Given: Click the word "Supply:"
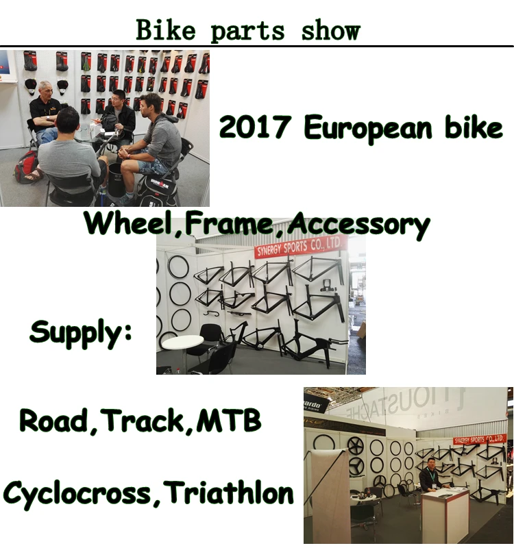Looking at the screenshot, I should (x=80, y=333).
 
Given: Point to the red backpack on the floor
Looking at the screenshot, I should (x=28, y=169).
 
